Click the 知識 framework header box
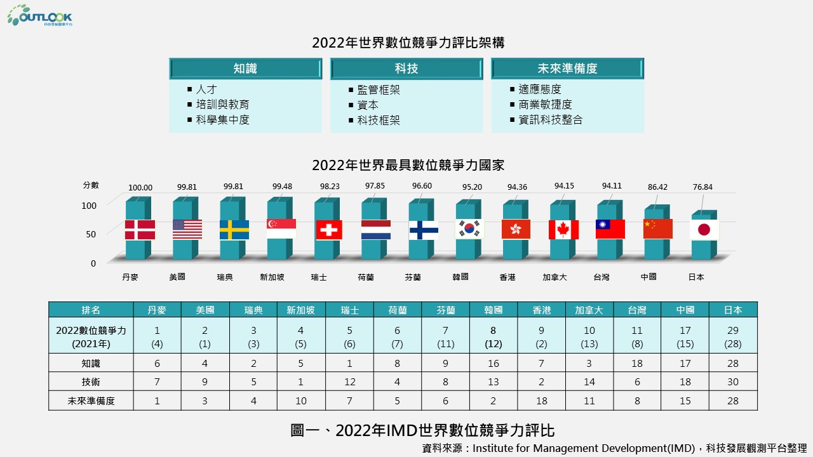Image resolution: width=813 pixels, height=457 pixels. (245, 69)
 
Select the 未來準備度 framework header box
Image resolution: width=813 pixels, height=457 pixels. (567, 69)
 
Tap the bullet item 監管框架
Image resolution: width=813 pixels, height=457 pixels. (379, 90)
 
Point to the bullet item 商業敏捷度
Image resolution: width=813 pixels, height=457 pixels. (545, 105)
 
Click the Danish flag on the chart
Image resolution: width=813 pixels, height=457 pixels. (140, 230)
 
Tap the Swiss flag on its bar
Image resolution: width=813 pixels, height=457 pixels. (329, 230)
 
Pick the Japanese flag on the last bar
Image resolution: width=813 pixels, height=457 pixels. (704, 230)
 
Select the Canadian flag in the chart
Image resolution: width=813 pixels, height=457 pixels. (564, 230)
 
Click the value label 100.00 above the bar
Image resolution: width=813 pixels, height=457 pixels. (140, 188)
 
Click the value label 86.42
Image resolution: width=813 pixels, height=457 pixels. (657, 187)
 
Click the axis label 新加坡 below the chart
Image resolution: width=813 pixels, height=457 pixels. (271, 277)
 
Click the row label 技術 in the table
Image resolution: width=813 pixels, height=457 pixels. (91, 382)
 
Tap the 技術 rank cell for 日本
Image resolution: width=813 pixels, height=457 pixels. (733, 382)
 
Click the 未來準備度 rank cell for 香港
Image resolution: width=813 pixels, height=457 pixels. (542, 401)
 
